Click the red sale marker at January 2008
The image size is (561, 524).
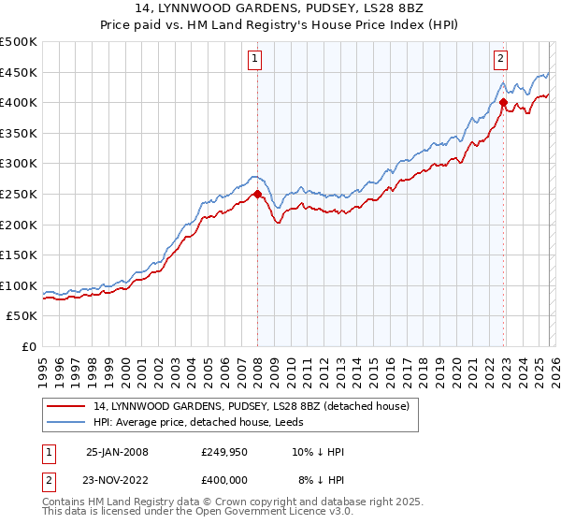tap(257, 195)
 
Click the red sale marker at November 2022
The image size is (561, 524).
tap(503, 103)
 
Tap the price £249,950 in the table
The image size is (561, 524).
tap(225, 452)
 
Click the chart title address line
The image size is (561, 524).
tap(281, 8)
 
